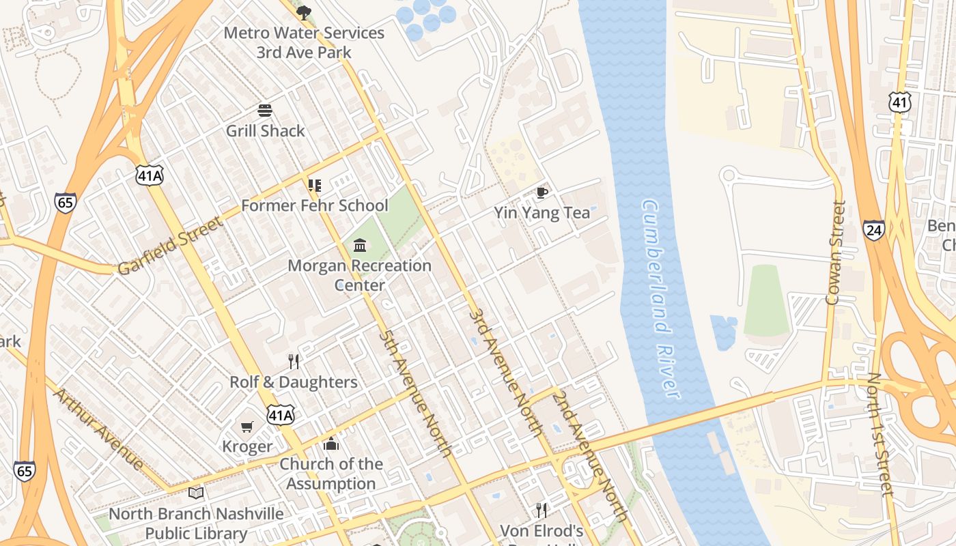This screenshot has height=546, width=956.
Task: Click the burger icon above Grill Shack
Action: (265, 111)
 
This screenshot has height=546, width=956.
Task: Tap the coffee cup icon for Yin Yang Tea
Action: (542, 193)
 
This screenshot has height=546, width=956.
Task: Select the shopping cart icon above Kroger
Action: (247, 427)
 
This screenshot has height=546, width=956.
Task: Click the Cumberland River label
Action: (660, 299)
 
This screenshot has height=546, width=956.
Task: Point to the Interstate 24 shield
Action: (873, 230)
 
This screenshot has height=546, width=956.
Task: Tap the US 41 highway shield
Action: (899, 102)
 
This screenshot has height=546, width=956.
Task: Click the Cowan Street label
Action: (835, 253)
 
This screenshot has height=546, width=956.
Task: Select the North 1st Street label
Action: (880, 435)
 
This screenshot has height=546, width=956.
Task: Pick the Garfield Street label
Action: (170, 246)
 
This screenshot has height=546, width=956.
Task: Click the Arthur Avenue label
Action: (99, 429)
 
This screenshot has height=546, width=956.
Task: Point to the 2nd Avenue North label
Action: (591, 455)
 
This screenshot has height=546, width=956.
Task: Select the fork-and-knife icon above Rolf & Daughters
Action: (294, 361)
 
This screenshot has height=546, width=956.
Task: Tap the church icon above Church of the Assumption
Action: (331, 444)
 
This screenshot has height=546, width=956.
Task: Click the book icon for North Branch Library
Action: (196, 493)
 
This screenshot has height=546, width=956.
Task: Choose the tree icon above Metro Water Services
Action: (304, 13)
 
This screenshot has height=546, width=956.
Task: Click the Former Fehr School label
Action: (315, 205)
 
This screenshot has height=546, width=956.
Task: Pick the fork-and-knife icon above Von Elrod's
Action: (542, 510)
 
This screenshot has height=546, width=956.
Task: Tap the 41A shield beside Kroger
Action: (281, 415)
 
